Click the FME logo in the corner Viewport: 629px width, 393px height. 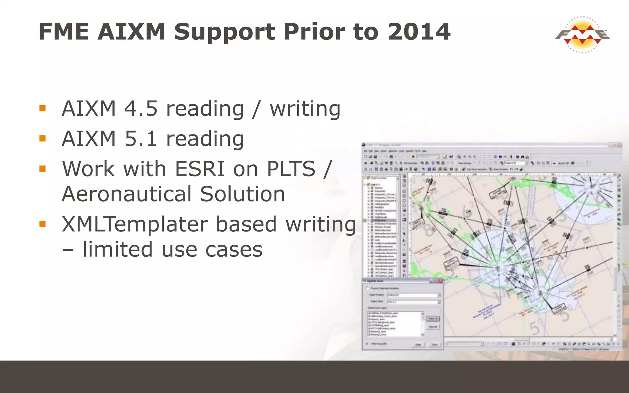tap(582, 35)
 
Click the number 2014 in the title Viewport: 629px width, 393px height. tap(419, 32)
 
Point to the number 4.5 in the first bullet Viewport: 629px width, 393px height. tap(141, 109)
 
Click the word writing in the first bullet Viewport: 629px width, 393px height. tap(305, 109)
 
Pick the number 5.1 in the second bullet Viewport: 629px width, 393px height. tap(141, 139)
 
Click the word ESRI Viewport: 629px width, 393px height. tap(200, 169)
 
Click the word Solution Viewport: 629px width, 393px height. tap(243, 194)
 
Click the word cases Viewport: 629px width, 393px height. tap(234, 249)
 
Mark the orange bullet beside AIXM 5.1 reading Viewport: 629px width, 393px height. tap(42, 138)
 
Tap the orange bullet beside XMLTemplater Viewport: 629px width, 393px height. tap(42, 224)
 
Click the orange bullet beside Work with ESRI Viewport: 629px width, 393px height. tap(42, 169)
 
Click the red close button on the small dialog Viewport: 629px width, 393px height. tap(440, 281)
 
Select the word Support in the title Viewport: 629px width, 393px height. tap(225, 32)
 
